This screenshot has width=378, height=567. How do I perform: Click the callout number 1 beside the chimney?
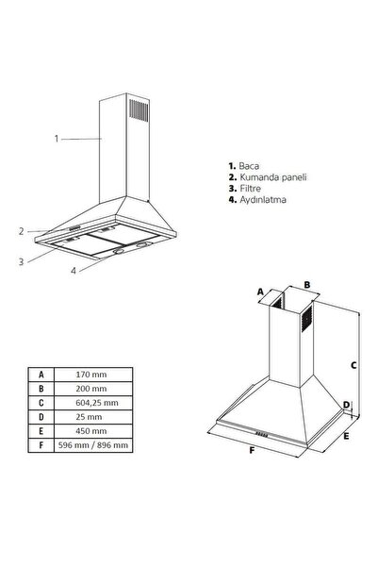(x=57, y=139)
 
